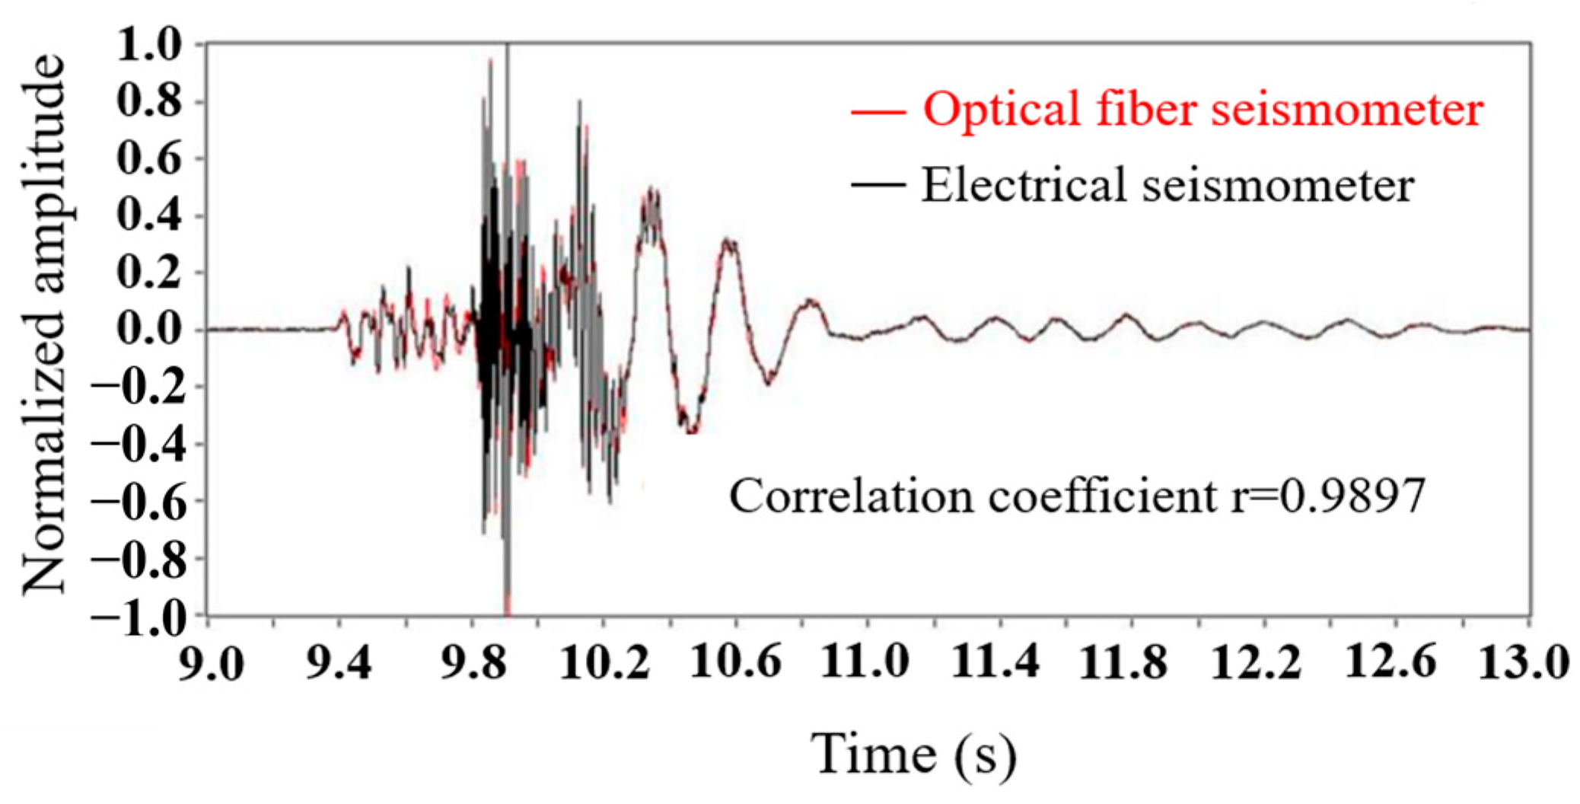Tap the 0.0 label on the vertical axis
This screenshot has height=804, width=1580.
(x=149, y=330)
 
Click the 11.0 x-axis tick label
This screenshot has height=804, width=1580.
(x=866, y=662)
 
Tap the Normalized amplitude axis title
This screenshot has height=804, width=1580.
(x=44, y=324)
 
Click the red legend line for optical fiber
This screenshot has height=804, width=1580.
(x=878, y=113)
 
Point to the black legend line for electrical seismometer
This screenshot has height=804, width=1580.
(x=878, y=185)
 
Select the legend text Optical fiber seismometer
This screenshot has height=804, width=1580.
(x=1203, y=110)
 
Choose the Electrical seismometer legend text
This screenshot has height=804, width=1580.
(x=1167, y=185)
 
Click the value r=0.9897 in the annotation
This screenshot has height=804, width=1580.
(x=1328, y=496)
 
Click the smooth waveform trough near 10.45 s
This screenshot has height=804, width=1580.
(x=690, y=431)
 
